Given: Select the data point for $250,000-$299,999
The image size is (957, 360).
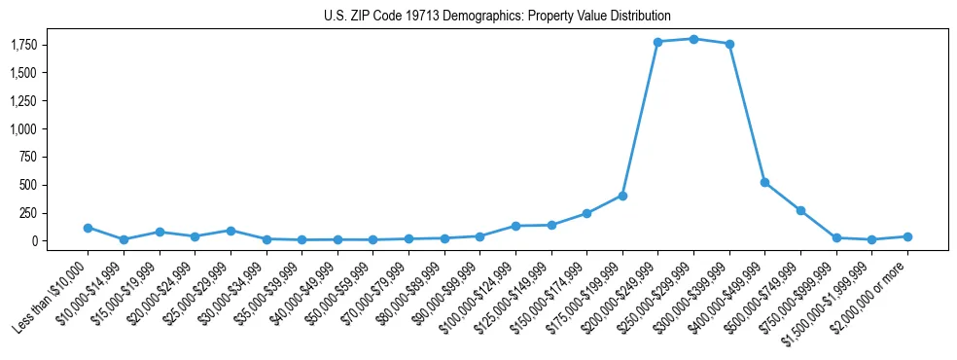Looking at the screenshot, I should tap(693, 39).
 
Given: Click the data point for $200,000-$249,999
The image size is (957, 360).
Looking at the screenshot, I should tap(657, 42).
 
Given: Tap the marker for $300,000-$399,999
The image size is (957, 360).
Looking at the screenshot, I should tap(729, 44).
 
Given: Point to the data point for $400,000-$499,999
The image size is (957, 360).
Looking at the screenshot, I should tap(764, 182).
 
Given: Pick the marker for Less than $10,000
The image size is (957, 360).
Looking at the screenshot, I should tap(88, 228).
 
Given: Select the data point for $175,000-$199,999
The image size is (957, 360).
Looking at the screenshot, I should tap(622, 196).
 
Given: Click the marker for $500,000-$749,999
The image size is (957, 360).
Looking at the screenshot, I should tap(800, 210).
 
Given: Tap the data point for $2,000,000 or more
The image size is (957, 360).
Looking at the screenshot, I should tap(907, 236).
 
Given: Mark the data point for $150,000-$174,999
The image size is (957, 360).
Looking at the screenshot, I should tap(586, 213).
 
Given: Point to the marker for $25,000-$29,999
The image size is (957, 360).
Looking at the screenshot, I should tap(230, 231).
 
